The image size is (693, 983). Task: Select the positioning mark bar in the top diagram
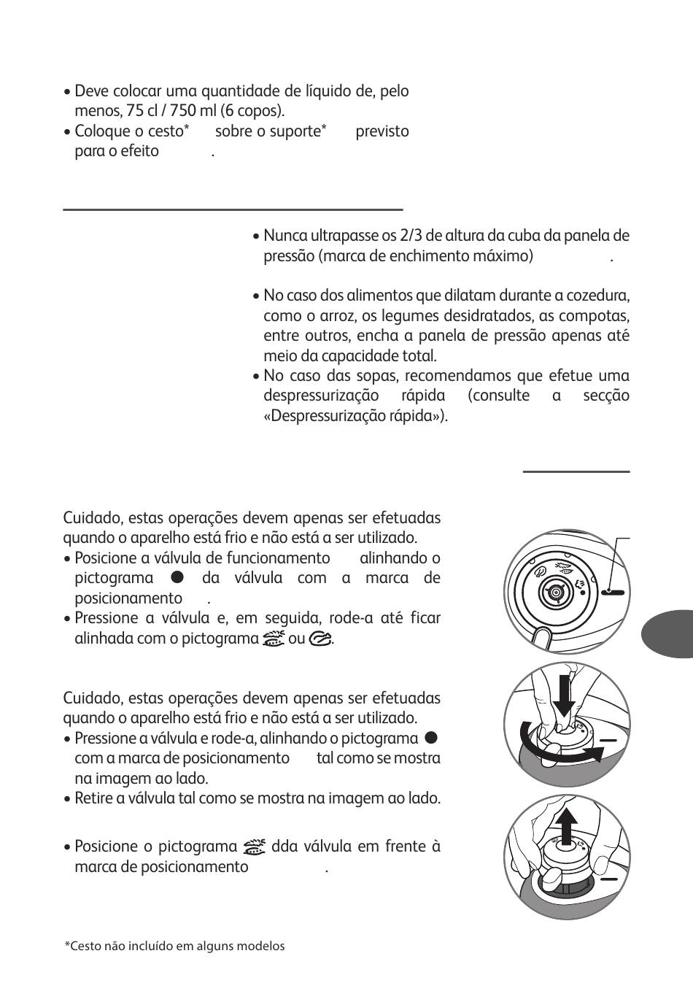(x=614, y=593)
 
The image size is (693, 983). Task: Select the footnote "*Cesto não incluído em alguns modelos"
(x=174, y=946)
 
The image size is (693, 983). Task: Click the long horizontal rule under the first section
(x=233, y=209)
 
